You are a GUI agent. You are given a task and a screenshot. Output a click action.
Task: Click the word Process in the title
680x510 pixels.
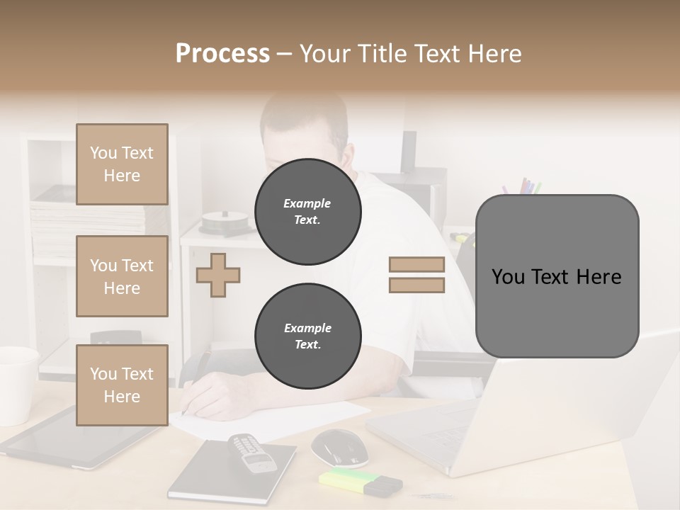222,53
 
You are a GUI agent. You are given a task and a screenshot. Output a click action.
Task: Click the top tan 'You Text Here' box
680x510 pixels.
122,164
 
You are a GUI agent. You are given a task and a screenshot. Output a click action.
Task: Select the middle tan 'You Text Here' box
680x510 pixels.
122,276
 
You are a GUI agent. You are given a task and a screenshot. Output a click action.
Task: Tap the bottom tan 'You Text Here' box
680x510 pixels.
122,385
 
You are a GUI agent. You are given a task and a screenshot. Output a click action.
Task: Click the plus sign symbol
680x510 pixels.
218,275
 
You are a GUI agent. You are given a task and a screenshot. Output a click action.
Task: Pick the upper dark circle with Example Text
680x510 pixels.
307,211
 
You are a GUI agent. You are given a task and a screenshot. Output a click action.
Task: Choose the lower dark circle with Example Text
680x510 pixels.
307,336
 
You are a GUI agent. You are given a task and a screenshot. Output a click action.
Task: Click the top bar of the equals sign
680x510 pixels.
416,264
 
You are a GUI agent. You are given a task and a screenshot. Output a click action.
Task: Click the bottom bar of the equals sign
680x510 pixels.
416,285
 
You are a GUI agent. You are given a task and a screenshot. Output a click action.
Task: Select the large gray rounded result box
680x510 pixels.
557,276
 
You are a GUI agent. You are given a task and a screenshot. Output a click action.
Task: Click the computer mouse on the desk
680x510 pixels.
339,447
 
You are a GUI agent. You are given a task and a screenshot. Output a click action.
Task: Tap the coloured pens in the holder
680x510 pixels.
522,187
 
